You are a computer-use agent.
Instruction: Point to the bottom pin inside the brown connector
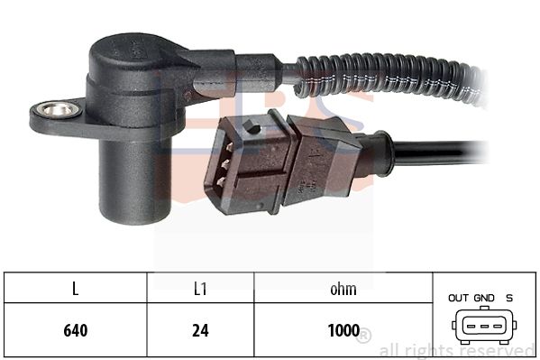tap(222, 180)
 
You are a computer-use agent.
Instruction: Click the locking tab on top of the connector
tap(252, 126)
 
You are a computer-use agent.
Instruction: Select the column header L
tap(76, 289)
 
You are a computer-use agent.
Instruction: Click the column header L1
tap(200, 289)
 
